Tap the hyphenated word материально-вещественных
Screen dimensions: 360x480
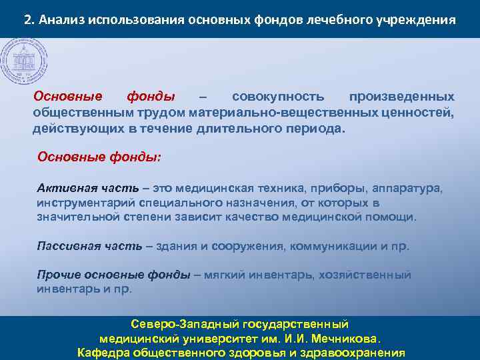point(285,113)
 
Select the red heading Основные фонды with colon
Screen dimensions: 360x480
point(99,157)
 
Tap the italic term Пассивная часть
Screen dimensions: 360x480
point(89,245)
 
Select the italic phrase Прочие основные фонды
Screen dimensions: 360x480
point(113,275)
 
